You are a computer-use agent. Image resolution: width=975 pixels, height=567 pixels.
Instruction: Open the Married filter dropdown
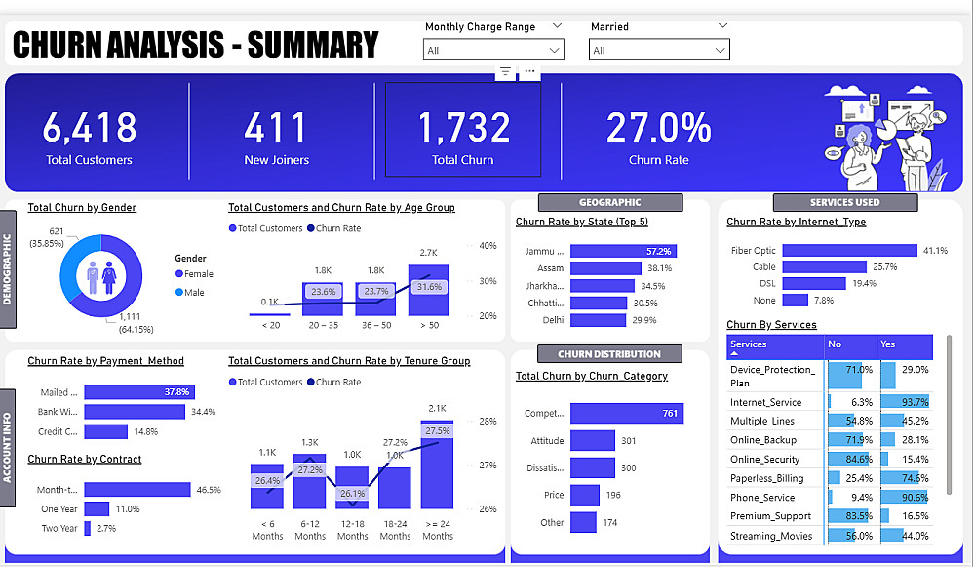pyautogui.click(x=659, y=50)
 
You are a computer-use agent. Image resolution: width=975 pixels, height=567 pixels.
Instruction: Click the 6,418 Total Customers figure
pyautogui.click(x=89, y=128)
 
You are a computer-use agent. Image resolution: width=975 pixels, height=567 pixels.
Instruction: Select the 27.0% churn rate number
pyautogui.click(x=658, y=128)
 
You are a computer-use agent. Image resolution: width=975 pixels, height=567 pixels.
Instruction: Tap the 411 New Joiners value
pyautogui.click(x=276, y=128)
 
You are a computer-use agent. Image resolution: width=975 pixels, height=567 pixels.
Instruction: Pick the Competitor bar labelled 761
pyautogui.click(x=627, y=414)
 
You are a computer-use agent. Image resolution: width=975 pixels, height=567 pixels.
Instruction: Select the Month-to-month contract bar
pyautogui.click(x=137, y=490)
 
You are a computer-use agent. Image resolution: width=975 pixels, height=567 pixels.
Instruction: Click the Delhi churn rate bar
pyautogui.click(x=598, y=320)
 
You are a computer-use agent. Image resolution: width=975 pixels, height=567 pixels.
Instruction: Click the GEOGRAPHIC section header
pyautogui.click(x=610, y=203)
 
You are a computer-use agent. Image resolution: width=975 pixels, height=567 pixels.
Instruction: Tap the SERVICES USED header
pyautogui.click(x=845, y=203)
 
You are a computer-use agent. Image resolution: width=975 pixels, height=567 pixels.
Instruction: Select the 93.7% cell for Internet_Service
pyautogui.click(x=906, y=402)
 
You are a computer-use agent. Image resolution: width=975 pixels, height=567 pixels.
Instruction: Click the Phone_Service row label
pyautogui.click(x=762, y=498)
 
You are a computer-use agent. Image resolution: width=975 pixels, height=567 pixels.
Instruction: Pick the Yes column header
pyautogui.click(x=887, y=344)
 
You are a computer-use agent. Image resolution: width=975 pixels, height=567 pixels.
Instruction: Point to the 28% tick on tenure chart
pyautogui.click(x=488, y=422)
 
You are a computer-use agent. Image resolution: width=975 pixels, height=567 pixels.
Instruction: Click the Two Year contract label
pyautogui.click(x=59, y=529)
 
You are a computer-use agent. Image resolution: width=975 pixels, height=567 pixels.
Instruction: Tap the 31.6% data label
pyautogui.click(x=428, y=287)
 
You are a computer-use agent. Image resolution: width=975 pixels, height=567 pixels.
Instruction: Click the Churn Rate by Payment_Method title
pyautogui.click(x=105, y=361)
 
